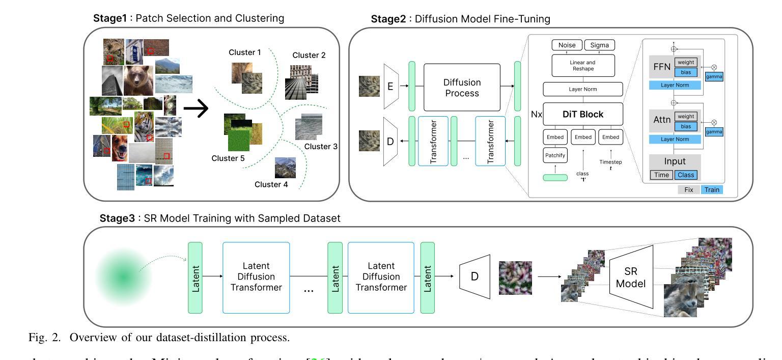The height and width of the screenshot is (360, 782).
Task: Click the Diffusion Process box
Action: click(x=462, y=87)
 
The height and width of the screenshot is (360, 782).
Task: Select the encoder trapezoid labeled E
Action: click(x=390, y=87)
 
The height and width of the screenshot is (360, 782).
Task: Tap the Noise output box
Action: click(x=567, y=45)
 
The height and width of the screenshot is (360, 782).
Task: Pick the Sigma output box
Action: click(x=599, y=45)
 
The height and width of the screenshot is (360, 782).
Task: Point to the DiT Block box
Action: click(x=583, y=114)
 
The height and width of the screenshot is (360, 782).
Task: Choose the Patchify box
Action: click(x=555, y=155)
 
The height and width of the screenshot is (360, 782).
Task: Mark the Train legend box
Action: click(x=712, y=190)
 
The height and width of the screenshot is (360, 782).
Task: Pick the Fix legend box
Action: click(x=688, y=190)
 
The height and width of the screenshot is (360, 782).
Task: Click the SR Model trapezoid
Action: click(x=631, y=277)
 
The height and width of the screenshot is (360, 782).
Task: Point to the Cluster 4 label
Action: click(x=271, y=184)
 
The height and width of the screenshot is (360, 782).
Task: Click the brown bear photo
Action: click(x=138, y=79)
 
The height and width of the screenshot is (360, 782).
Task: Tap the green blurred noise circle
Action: click(x=123, y=276)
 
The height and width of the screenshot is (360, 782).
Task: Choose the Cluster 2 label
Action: click(x=309, y=55)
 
